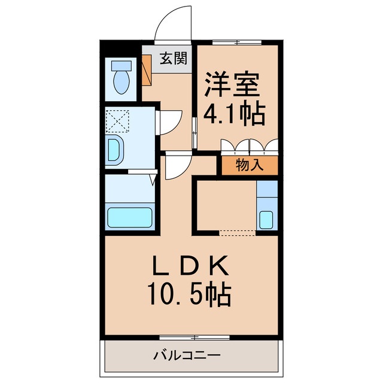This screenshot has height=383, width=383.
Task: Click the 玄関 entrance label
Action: click(174, 59)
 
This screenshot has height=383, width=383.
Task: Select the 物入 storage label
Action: click(250, 165)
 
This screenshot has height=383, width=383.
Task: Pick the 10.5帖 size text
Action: click(191, 294)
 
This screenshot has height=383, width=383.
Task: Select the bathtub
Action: click(130, 216)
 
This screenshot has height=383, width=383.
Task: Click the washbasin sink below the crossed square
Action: click(114, 150)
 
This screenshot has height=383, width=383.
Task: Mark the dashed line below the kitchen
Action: click(237, 231)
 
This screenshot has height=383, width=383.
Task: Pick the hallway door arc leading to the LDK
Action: click(178, 168)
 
